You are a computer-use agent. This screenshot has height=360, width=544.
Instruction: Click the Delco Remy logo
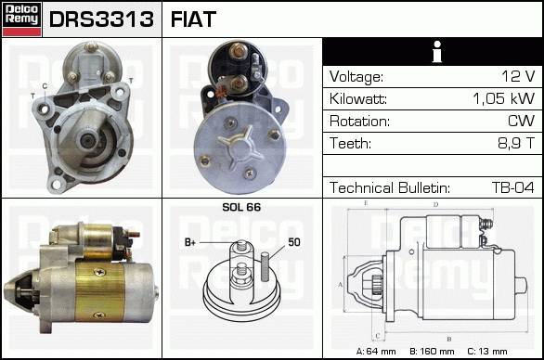pos(22,19)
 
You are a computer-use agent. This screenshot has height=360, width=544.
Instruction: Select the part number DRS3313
pos(101,19)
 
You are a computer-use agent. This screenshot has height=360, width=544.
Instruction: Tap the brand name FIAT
pos(193,19)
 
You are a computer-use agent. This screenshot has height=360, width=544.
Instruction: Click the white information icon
pos(437,52)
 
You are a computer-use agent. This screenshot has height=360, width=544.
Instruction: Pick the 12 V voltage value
pos(518,76)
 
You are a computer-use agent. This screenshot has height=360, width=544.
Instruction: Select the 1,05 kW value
pos(503,98)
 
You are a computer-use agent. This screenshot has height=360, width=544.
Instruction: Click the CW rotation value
pos(521,121)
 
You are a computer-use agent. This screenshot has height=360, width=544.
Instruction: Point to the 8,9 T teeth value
pos(516,143)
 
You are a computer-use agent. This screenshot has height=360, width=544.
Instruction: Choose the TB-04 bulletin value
pos(512,187)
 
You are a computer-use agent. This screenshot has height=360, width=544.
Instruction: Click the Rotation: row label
pos(359,121)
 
